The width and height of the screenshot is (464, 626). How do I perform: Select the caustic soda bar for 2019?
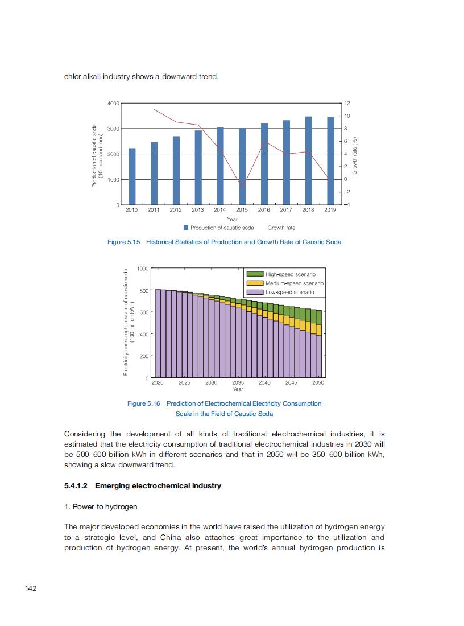pos(330,160)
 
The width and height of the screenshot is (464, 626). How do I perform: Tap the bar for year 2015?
pos(242,166)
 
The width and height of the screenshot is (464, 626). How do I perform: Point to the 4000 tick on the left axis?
pos(113,104)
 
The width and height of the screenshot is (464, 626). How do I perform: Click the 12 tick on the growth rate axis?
pos(347,104)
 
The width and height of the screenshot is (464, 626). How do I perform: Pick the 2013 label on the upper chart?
pos(197,210)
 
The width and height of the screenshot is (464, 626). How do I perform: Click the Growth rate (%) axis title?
pos(354,155)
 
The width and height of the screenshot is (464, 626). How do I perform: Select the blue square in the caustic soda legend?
pos(186,228)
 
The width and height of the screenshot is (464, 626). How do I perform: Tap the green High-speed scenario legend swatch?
pos(255,274)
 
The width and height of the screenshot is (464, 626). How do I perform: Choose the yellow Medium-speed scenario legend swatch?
pos(255,283)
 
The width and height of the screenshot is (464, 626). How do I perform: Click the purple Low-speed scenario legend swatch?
pos(255,292)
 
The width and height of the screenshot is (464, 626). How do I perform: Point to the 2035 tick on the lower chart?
pos(238,383)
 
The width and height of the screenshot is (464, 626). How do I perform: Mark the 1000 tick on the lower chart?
pos(143,268)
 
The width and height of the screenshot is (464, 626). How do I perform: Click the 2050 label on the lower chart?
pos(318,383)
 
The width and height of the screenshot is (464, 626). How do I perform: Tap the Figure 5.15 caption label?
pos(123,242)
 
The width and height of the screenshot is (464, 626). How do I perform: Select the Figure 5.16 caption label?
pos(143,403)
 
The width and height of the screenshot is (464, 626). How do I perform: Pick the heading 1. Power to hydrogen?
pos(101,506)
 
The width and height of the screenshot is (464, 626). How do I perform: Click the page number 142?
pos(31,588)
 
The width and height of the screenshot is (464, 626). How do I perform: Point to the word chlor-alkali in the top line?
pos(81,76)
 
